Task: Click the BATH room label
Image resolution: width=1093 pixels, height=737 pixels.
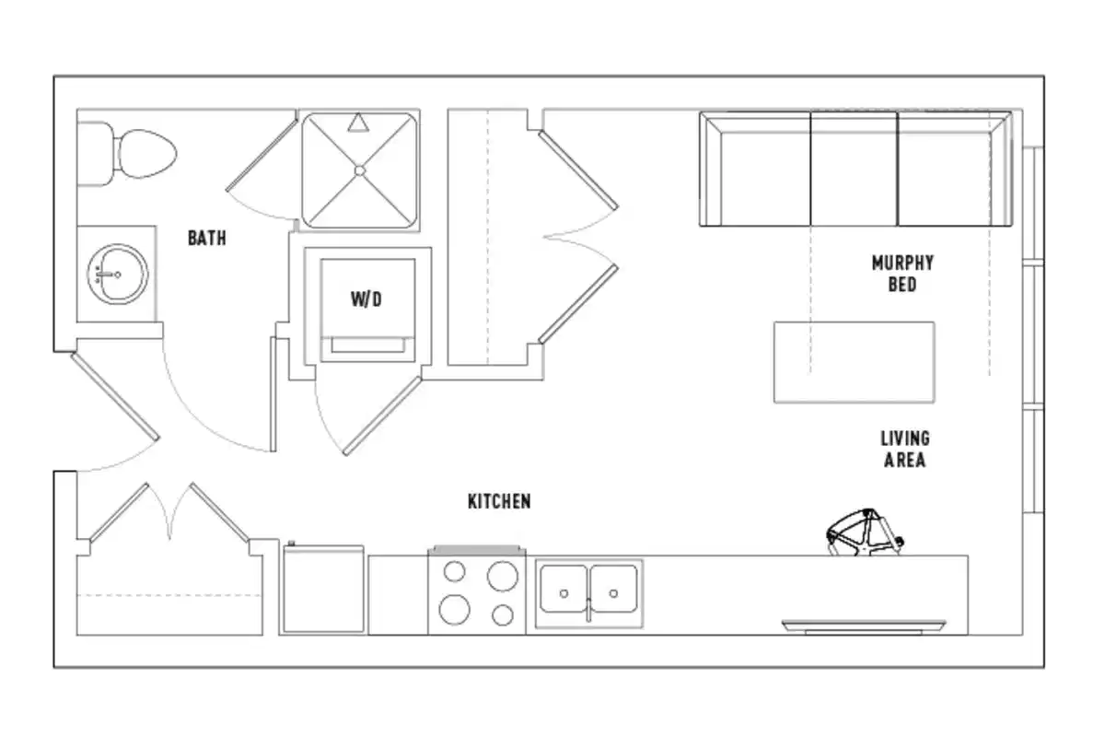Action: (206, 239)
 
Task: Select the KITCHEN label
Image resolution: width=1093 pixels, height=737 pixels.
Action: (499, 502)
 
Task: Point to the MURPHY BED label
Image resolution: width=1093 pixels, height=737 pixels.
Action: (901, 275)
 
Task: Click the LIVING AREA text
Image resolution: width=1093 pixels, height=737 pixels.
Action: (904, 449)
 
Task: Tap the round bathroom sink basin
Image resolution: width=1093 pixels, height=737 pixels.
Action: (117, 274)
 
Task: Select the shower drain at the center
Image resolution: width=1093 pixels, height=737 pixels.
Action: (359, 170)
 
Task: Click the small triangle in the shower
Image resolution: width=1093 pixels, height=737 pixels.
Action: (359, 121)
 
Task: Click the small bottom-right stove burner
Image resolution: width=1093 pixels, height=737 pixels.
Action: (503, 614)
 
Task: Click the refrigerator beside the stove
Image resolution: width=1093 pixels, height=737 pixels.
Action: (322, 590)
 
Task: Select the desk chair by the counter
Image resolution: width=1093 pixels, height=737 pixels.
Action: (864, 534)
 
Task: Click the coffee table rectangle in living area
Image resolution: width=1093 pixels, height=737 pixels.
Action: (854, 362)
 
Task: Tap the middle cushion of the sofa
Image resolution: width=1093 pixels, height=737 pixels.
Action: (853, 169)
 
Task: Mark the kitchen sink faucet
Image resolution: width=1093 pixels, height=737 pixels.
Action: (588, 610)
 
